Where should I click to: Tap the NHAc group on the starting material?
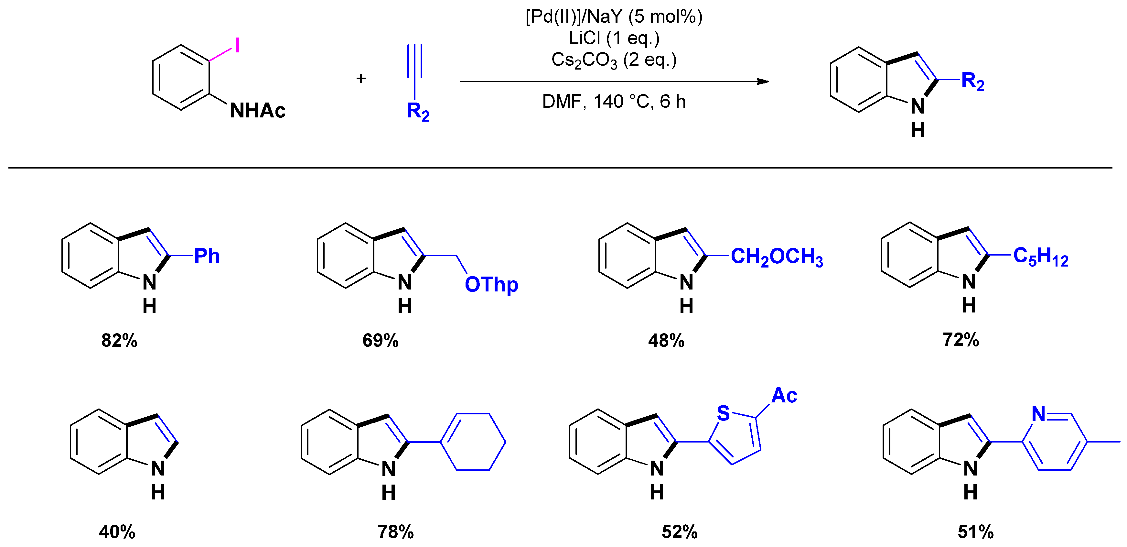tap(257, 111)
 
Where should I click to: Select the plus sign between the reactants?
tap(361, 78)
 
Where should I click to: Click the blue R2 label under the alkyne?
tap(417, 111)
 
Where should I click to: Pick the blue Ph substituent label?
tap(207, 256)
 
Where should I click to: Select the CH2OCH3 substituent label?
tap(777, 257)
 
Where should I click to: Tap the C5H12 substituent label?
tap(1040, 257)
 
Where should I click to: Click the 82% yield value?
tap(119, 340)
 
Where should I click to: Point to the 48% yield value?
tap(666, 340)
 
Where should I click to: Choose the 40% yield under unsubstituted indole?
tap(117, 532)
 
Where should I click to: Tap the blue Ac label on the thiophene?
tap(784, 396)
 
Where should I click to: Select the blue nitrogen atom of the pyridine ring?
tap(1038, 413)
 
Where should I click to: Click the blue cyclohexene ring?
tap(473, 442)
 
